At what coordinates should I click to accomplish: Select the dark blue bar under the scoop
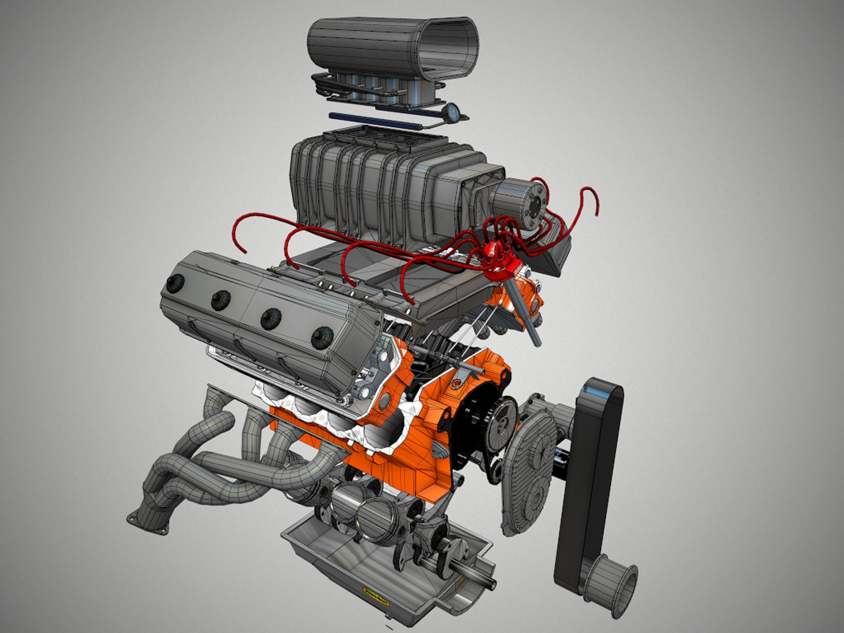[x=375, y=121]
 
